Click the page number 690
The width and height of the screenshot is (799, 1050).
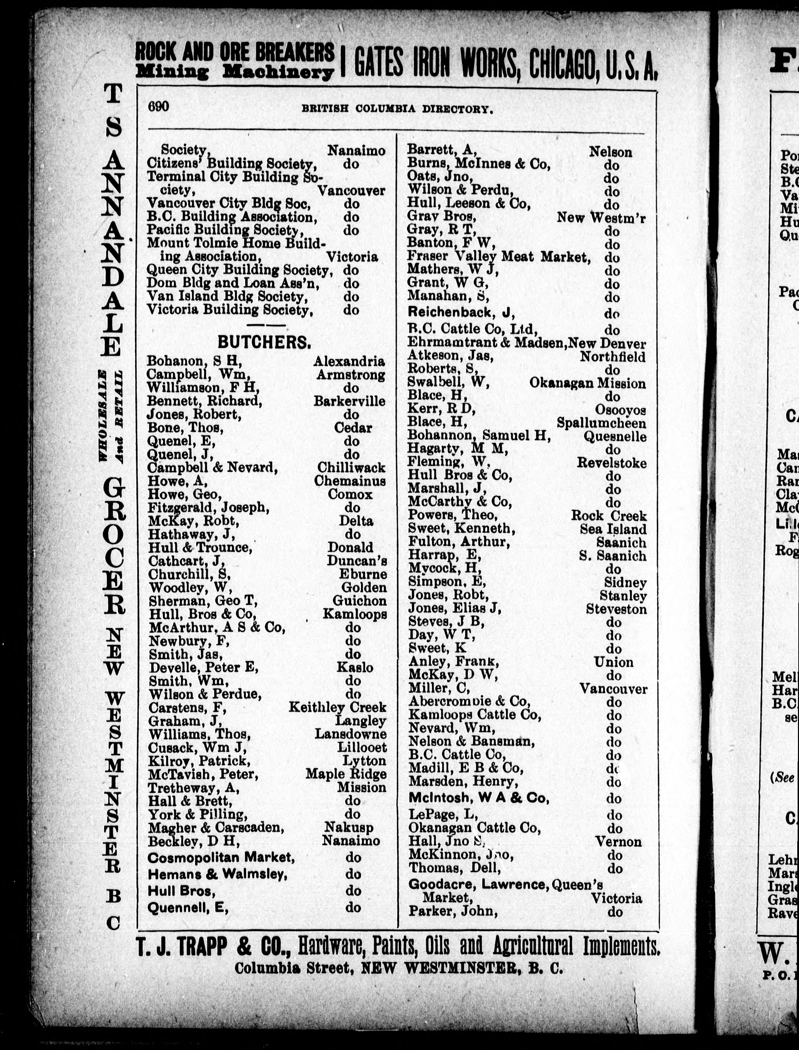158,107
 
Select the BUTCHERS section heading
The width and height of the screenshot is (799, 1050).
264,342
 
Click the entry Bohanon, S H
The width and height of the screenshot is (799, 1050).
195,361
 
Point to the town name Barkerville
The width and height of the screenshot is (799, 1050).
349,401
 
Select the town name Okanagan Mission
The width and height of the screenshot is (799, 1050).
587,383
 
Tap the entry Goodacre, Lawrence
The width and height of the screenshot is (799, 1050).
477,884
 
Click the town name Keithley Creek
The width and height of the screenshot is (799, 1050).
337,707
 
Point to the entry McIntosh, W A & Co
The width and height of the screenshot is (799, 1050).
478,798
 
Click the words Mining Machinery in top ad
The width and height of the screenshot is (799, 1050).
234,72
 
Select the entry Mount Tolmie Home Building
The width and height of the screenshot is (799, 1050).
236,243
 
